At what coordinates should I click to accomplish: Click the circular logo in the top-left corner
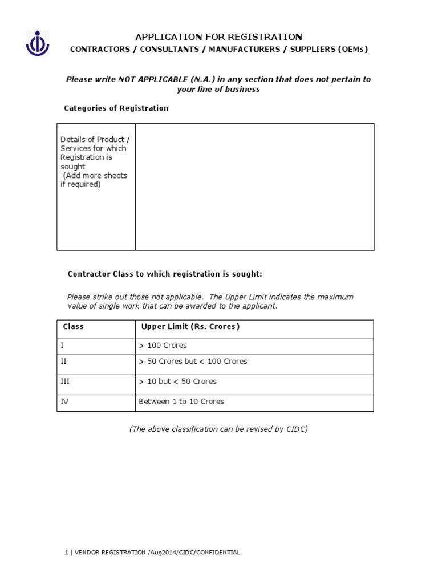pos(37,43)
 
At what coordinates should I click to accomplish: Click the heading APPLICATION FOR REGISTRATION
pos(218,37)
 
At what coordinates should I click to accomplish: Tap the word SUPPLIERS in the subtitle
pos(312,50)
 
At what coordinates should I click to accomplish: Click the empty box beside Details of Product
pos(254,186)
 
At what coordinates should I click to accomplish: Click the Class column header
pos(73,327)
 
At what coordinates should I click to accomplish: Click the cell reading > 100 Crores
pos(163,346)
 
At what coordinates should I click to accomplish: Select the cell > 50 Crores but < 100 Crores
pos(193,362)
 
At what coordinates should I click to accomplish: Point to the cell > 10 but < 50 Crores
pos(177,382)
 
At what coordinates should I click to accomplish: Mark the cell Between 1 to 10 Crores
pos(181,401)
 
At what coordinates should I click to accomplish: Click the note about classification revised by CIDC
pos(218,429)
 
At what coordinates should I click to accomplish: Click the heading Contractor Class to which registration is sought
pos(165,274)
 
